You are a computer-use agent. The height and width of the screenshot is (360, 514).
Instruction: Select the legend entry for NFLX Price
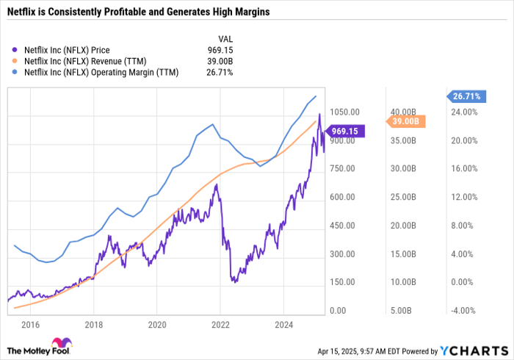click(68, 50)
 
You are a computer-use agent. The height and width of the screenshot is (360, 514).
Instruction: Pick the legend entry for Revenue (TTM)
click(83, 61)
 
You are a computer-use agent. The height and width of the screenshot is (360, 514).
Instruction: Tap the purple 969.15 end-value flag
click(345, 131)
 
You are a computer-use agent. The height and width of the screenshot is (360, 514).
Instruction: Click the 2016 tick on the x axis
click(30, 323)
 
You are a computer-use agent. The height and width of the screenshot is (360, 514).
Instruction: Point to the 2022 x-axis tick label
click(220, 323)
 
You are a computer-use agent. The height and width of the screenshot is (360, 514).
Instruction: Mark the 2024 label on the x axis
click(283, 323)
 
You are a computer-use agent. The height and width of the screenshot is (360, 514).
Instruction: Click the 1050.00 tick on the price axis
click(344, 112)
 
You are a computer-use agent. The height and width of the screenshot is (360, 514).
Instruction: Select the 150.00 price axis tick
click(343, 282)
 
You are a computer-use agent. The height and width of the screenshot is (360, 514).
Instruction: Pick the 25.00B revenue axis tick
click(401, 198)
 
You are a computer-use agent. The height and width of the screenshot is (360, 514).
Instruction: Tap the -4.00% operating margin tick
click(463, 311)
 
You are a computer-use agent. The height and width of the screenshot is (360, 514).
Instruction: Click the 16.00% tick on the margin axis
click(463, 169)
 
